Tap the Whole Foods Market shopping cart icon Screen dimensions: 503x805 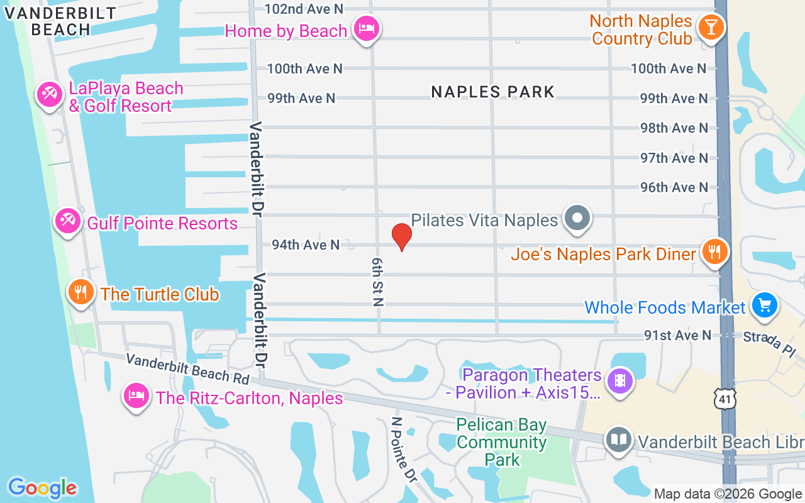point(765,306)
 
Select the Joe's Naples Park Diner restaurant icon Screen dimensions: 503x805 point(714,251)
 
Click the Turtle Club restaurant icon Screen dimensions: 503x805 point(81,292)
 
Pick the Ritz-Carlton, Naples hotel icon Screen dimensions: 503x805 point(136,396)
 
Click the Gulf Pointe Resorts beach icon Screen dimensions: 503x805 point(67,221)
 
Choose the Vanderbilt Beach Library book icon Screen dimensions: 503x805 point(619,440)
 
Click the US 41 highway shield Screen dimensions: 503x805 point(724,397)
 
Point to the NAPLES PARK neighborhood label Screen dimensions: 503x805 point(492,92)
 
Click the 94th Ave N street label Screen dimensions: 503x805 point(306,245)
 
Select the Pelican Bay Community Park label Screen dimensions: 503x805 point(502,442)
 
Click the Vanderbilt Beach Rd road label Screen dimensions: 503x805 point(187,368)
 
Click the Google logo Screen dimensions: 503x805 point(42,488)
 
